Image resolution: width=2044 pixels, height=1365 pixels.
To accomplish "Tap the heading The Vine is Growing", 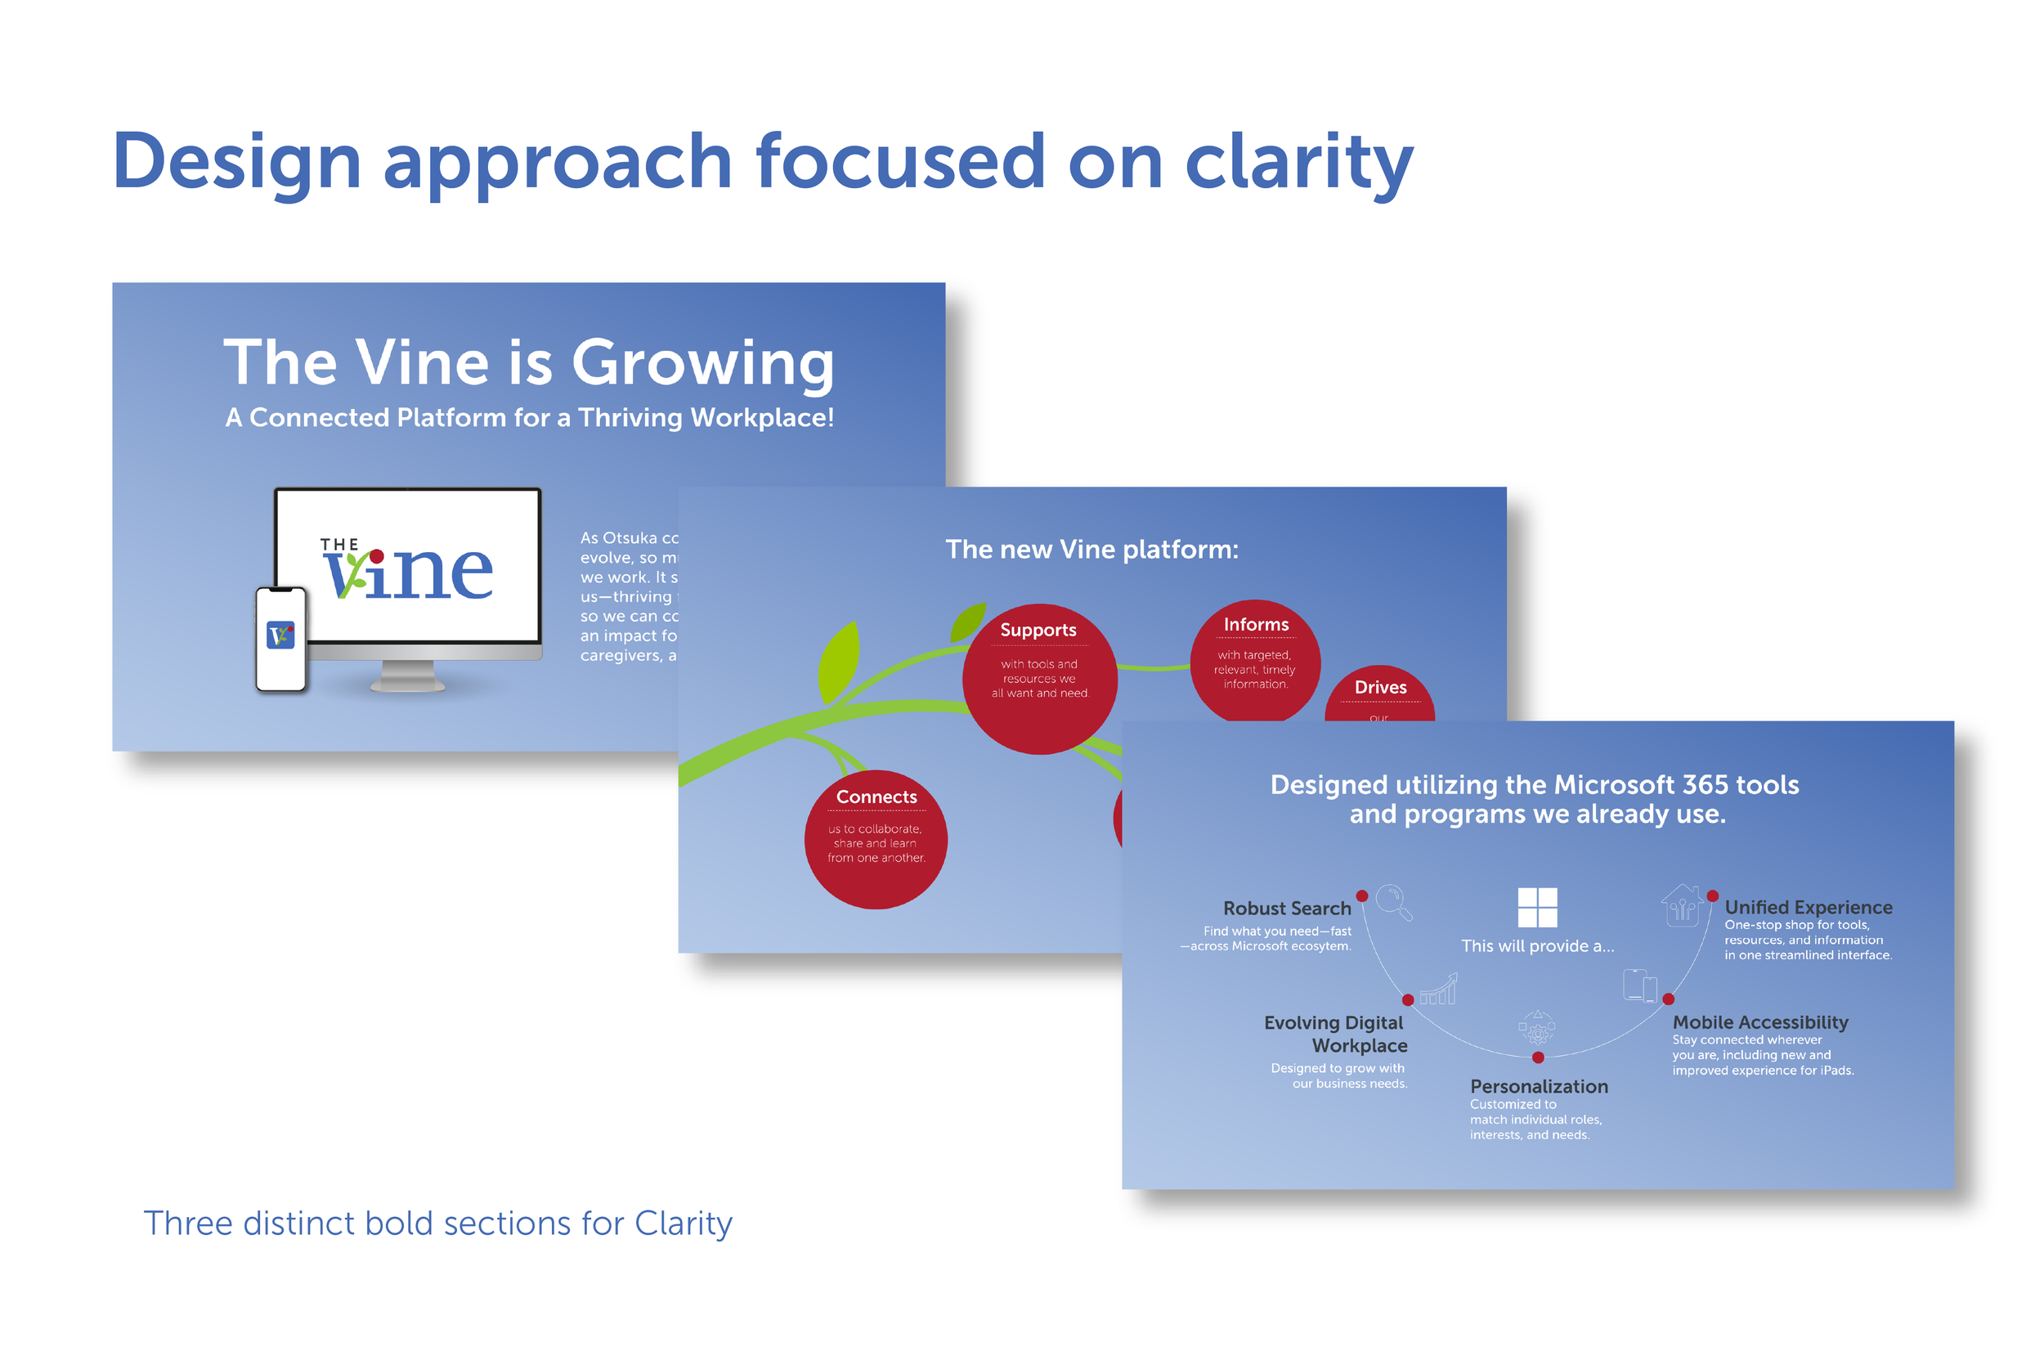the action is pyautogui.click(x=528, y=362).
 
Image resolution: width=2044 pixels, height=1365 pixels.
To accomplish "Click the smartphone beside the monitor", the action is pyautogui.click(x=281, y=640).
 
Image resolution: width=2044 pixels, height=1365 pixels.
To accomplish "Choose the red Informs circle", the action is pyautogui.click(x=1255, y=660).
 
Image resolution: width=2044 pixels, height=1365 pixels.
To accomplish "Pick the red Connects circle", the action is pyautogui.click(x=876, y=839).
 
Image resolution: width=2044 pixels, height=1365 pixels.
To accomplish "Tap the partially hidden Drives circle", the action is pyautogui.click(x=1380, y=694).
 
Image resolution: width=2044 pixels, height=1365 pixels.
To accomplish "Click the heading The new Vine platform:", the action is pyautogui.click(x=1091, y=550).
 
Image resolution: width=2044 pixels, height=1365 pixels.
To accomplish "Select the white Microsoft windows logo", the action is pyautogui.click(x=1537, y=907).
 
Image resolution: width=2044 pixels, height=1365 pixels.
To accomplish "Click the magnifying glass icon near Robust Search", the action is pyautogui.click(x=1394, y=901).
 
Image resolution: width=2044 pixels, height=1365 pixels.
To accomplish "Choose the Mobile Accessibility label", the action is pyautogui.click(x=1759, y=1022).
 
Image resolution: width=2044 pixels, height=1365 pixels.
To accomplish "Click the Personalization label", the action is pyautogui.click(x=1539, y=1086).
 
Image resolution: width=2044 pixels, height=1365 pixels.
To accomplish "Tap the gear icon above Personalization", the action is pyautogui.click(x=1538, y=1030).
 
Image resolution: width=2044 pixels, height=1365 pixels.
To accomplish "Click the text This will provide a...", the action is pyautogui.click(x=1537, y=946).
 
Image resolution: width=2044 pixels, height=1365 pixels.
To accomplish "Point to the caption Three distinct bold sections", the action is pyautogui.click(x=437, y=1224).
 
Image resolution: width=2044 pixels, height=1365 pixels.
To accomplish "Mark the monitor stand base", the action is pyautogui.click(x=408, y=684).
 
